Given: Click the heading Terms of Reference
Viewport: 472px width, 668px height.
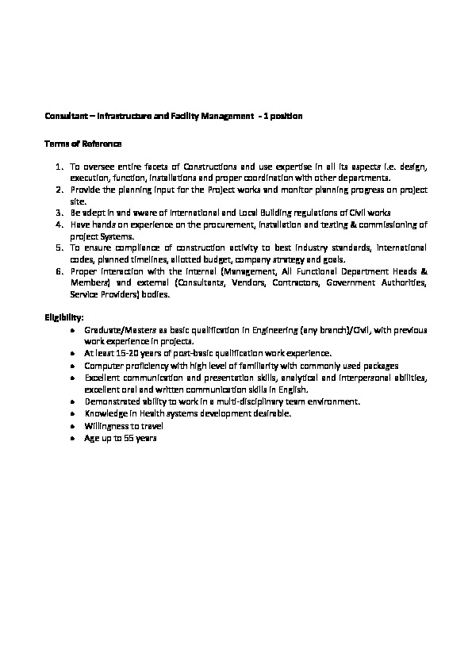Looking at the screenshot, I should point(83,144).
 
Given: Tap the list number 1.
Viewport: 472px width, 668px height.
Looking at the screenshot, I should point(59,167).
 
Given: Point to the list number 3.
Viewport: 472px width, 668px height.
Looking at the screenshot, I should point(59,213).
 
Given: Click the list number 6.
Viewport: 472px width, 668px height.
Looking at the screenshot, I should point(59,271).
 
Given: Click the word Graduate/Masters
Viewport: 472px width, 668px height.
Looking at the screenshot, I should point(114,328).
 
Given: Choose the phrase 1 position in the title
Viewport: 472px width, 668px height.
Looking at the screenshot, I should point(284,117).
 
